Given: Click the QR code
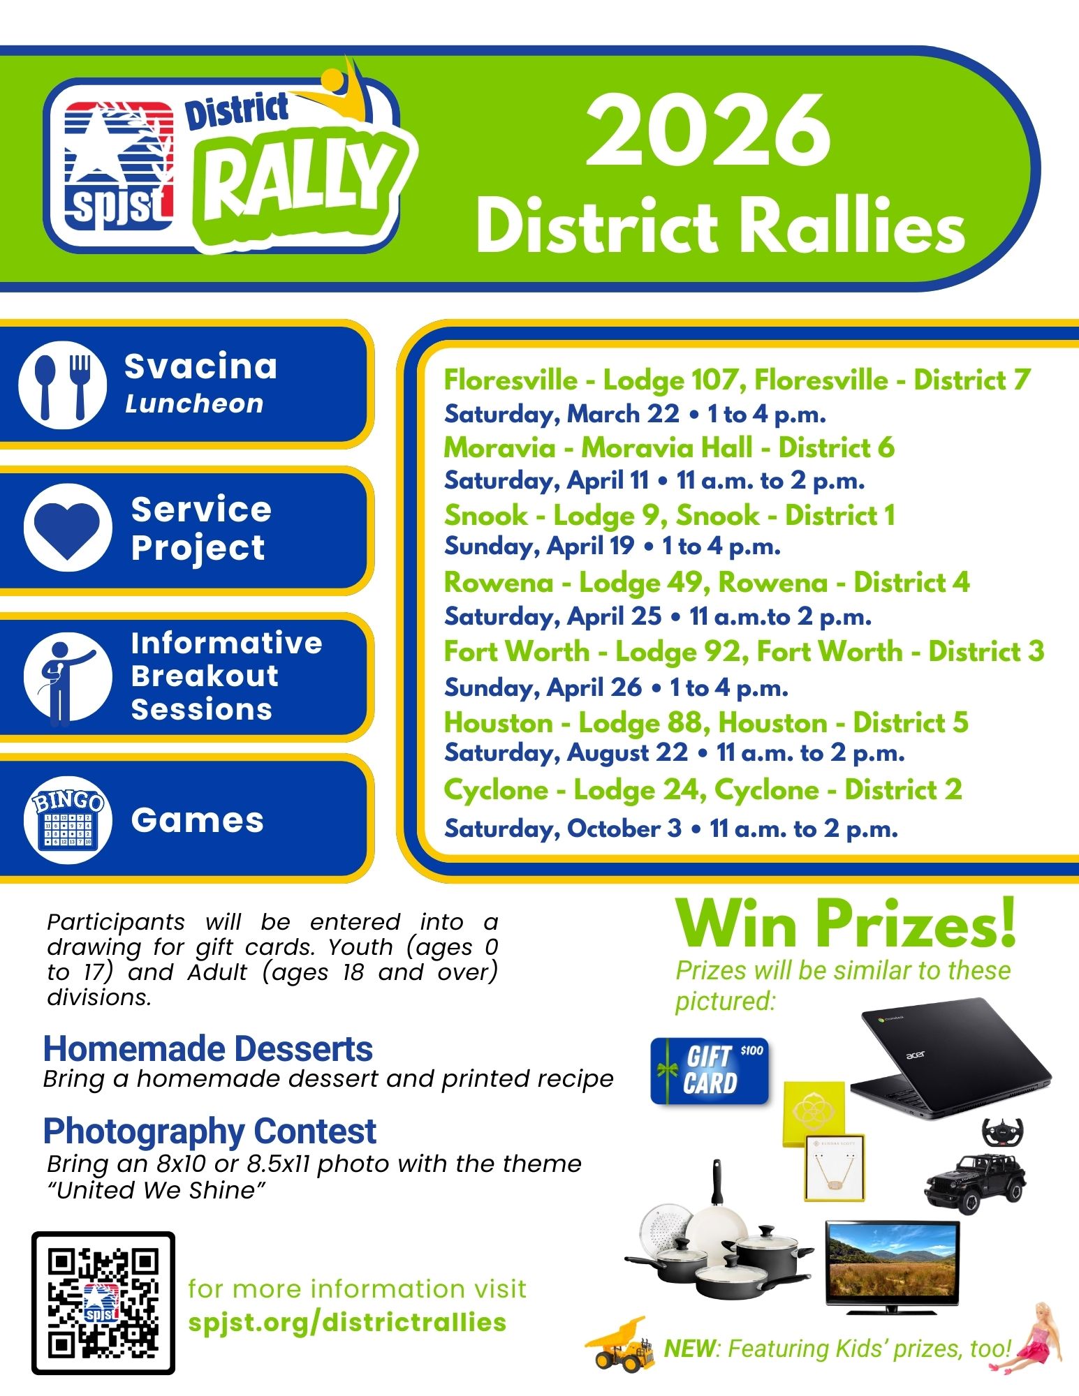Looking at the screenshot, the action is (x=103, y=1302).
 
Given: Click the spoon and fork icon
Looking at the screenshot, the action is (x=63, y=385).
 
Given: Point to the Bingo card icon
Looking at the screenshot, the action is (x=68, y=820).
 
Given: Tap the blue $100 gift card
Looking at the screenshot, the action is (x=710, y=1071).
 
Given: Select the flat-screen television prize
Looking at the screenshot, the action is (x=893, y=1266).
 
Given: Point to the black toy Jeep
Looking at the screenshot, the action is (x=976, y=1182).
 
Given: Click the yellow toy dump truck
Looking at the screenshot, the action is (x=617, y=1344).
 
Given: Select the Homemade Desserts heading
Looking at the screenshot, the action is (x=208, y=1048).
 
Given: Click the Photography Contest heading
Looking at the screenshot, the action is (x=210, y=1131).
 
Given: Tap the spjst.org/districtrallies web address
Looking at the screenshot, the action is (x=347, y=1322).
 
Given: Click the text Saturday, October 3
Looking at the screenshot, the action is (x=563, y=829).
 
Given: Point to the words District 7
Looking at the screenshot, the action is (x=972, y=380).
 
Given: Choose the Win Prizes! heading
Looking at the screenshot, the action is (x=846, y=924).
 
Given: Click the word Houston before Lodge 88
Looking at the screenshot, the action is (x=499, y=722).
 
